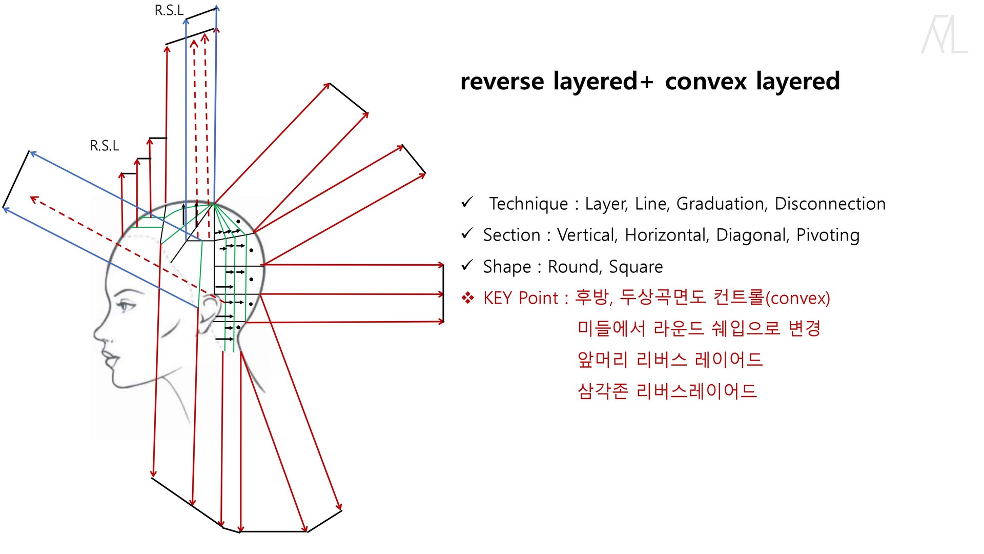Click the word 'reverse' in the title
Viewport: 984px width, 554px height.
[x=502, y=82]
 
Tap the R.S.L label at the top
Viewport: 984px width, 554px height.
[x=169, y=11]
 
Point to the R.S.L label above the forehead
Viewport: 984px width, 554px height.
[x=105, y=146]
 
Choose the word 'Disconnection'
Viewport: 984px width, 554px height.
[x=830, y=204]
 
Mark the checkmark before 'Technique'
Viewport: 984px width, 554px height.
[x=467, y=203]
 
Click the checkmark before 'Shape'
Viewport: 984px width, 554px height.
[x=467, y=266]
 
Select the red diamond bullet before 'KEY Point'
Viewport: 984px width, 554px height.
[x=468, y=298]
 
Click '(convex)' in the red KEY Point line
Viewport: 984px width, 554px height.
[x=797, y=298]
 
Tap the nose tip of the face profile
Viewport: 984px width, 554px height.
[x=96, y=334]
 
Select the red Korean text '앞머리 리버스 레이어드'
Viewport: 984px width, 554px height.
[x=670, y=360]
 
